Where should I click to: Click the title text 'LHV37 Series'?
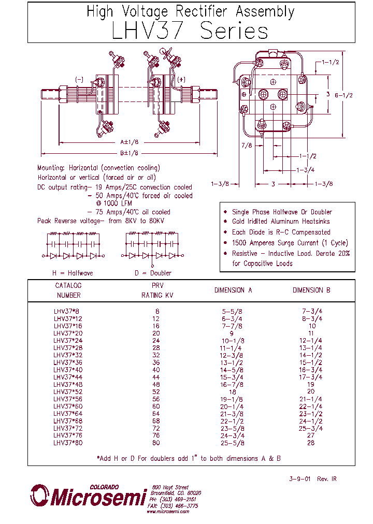tap(190, 32)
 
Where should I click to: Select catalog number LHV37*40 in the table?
tap(68, 370)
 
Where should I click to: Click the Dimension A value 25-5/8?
tap(233, 443)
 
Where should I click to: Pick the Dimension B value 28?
tap(311, 443)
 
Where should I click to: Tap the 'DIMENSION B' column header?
tap(311, 290)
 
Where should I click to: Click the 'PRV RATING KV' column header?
tap(157, 290)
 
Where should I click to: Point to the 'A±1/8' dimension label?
tap(129, 141)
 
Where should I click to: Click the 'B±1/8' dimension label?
tap(129, 153)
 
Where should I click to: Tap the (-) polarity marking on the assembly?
tap(79, 79)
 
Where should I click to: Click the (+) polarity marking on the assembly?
tap(181, 79)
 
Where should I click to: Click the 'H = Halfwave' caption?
tap(72, 273)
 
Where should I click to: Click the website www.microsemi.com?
tap(167, 512)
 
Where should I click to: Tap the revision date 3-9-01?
tap(299, 479)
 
